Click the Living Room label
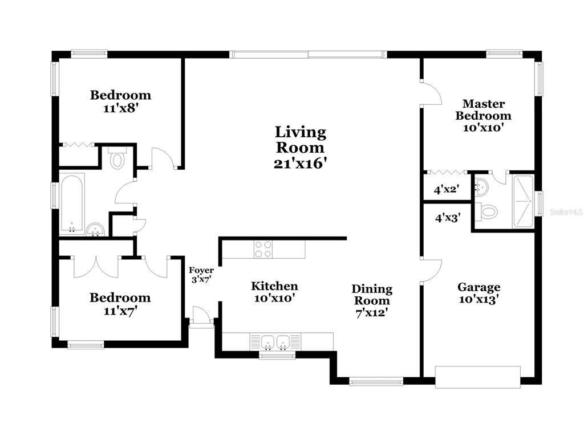click(301, 140)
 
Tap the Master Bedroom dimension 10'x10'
click(484, 128)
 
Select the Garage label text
click(478, 287)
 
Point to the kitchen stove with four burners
click(263, 249)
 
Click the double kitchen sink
click(275, 342)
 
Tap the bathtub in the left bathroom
click(72, 203)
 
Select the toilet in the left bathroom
click(117, 158)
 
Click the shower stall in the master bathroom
click(524, 201)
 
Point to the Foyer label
click(201, 270)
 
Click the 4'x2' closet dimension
click(446, 189)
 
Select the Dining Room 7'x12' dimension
click(372, 313)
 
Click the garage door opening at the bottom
click(478, 377)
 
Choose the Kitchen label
click(274, 286)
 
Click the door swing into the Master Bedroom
click(431, 93)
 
